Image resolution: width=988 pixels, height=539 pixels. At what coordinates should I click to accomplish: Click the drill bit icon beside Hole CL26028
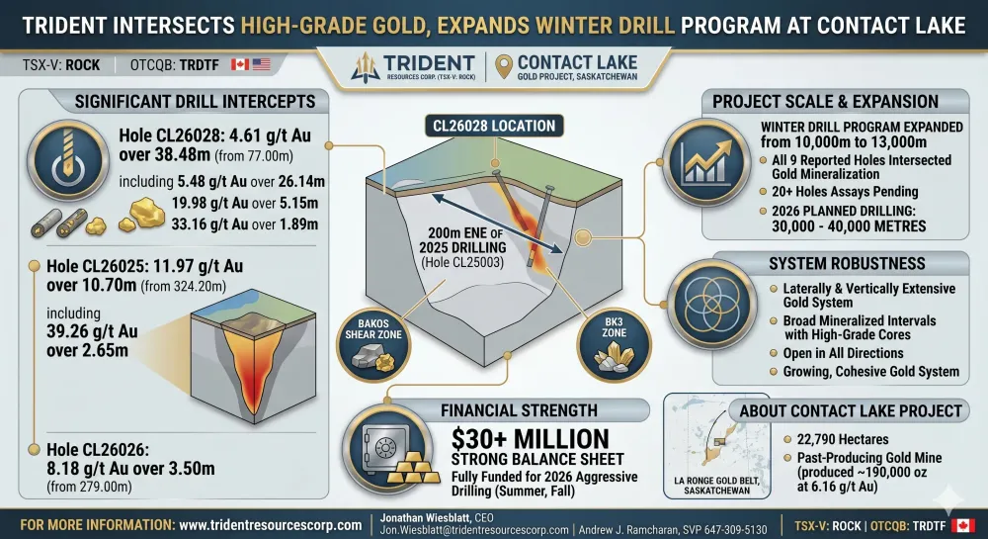click(67, 160)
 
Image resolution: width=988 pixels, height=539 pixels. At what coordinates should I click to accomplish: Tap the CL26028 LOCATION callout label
click(494, 126)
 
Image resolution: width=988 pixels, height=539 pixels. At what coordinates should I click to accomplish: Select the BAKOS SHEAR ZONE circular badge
click(373, 343)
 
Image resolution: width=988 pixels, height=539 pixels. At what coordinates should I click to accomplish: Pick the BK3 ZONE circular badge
click(614, 344)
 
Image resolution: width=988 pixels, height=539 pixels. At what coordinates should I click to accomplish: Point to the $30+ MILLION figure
click(530, 439)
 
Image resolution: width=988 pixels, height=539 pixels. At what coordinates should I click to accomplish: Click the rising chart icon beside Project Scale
click(706, 162)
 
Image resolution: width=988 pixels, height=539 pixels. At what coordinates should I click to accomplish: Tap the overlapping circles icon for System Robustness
click(712, 305)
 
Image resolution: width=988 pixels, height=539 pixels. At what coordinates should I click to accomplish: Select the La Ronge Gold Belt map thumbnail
click(717, 446)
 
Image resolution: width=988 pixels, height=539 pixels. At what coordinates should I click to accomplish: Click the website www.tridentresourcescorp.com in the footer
click(271, 525)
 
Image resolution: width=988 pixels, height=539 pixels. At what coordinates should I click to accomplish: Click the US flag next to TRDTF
click(262, 64)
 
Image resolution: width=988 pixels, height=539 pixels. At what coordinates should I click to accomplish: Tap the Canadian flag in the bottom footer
click(962, 525)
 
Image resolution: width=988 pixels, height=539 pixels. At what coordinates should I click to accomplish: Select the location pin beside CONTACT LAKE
click(504, 66)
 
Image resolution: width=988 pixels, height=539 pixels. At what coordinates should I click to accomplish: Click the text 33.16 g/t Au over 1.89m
click(244, 225)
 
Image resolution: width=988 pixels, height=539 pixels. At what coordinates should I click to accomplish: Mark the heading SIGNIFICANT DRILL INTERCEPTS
click(195, 102)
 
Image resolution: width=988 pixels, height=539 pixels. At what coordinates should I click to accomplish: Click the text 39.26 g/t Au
click(92, 331)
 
